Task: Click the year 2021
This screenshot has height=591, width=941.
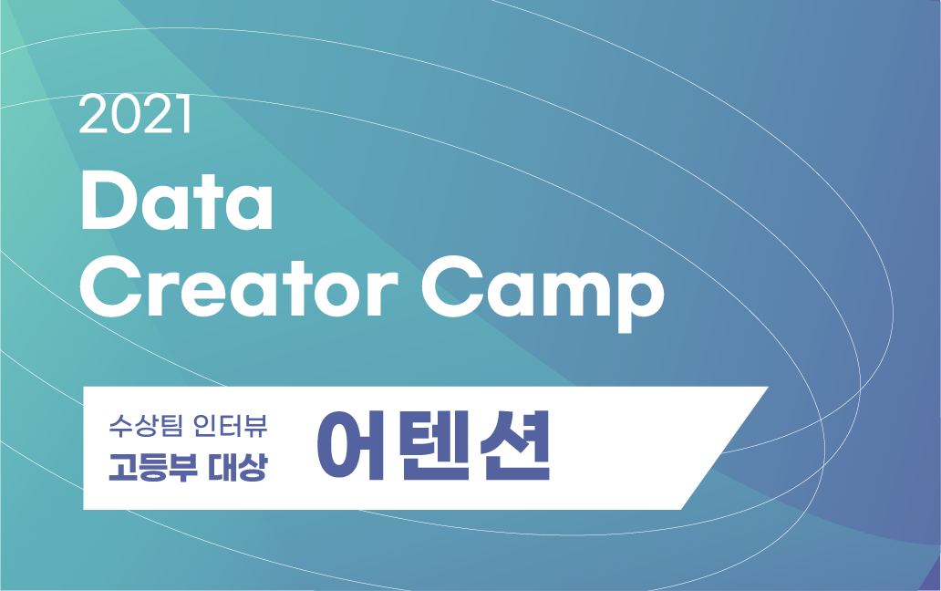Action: coord(135,116)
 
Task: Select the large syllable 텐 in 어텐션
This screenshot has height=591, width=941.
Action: coord(434,448)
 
